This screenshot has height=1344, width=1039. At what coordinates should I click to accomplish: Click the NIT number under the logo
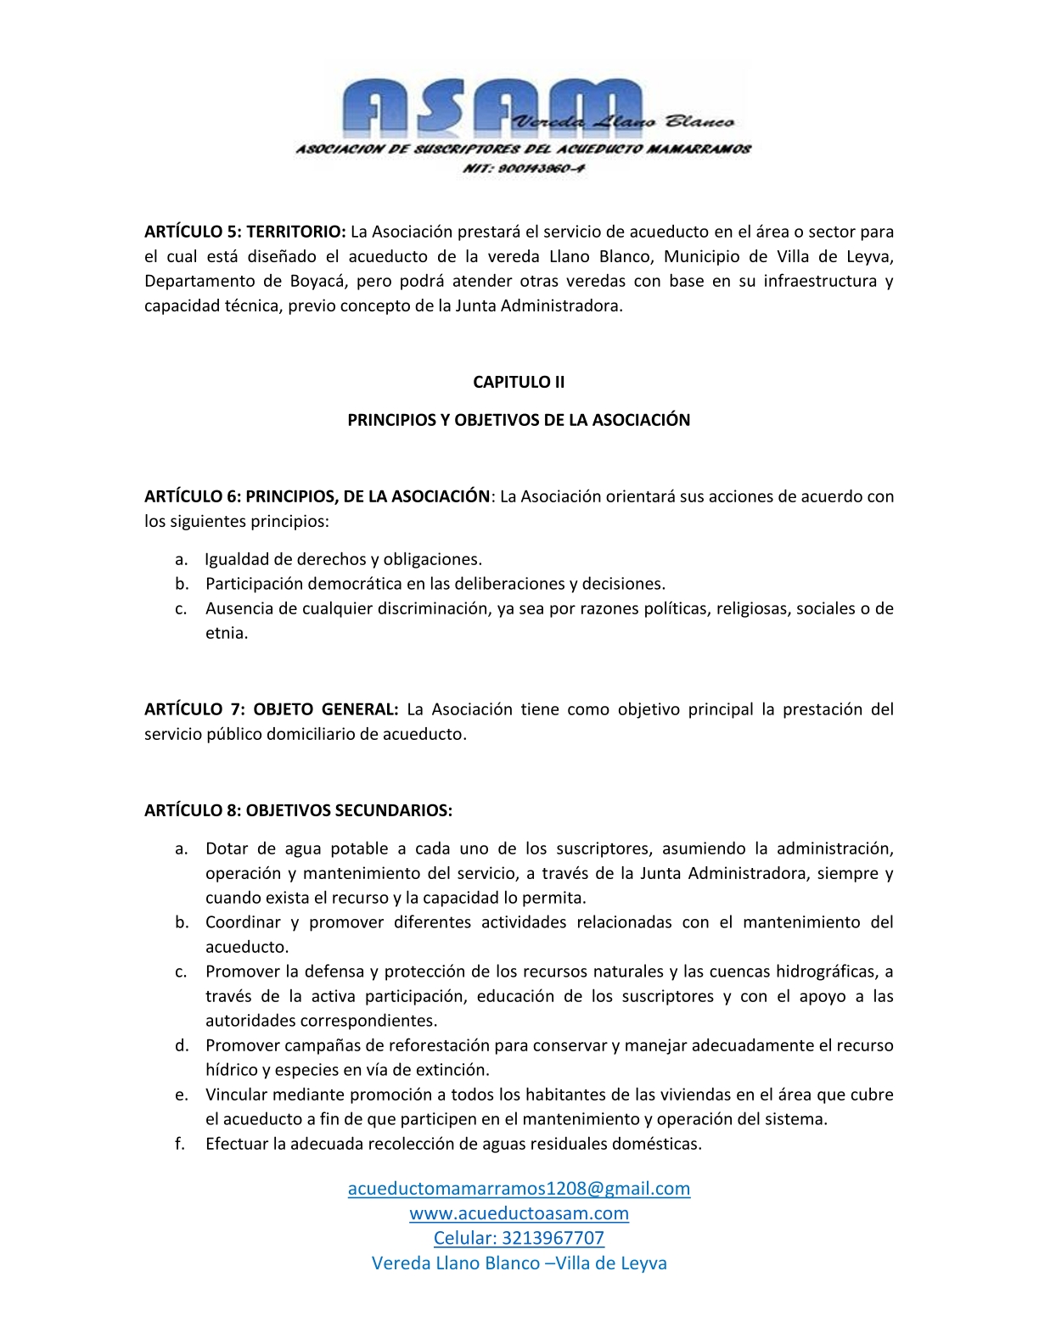point(523,169)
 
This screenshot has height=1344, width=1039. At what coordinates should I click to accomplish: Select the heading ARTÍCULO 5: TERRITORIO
point(244,232)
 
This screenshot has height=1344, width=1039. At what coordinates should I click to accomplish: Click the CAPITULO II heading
point(519,382)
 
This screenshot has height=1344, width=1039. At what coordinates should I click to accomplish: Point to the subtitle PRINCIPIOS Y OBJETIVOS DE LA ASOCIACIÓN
point(519,420)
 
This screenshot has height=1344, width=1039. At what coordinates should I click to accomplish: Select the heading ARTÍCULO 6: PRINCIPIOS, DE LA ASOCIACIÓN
point(317,496)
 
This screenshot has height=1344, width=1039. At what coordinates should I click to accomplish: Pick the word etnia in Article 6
point(226,633)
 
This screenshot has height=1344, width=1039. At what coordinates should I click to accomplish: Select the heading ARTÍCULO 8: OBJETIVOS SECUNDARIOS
point(298,810)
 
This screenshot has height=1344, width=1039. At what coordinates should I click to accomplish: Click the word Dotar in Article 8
point(227,848)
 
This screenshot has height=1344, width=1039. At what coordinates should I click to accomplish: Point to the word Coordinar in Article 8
point(243,922)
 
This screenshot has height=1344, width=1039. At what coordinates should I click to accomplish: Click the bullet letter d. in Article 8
point(182,1045)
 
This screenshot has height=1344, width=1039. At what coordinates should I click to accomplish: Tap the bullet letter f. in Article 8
point(180,1144)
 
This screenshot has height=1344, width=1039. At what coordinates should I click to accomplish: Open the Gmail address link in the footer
point(519,1188)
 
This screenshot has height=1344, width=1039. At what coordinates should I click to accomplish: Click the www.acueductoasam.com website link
point(519,1213)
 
